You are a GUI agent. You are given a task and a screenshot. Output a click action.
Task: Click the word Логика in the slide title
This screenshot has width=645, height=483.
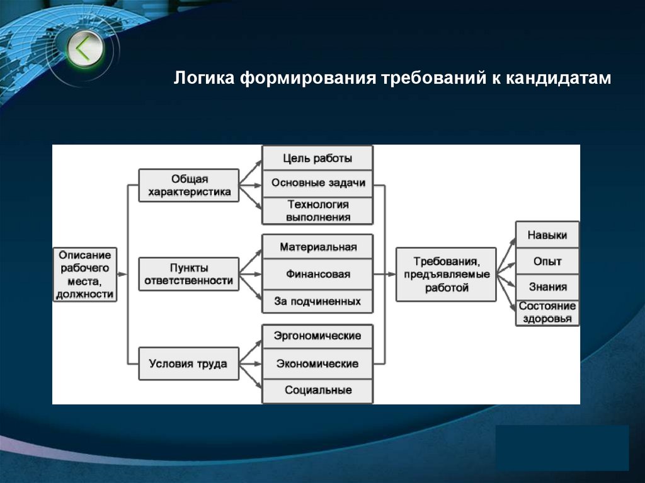pos(203,79)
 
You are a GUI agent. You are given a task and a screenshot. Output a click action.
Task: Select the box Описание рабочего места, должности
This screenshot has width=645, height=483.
pos(85,274)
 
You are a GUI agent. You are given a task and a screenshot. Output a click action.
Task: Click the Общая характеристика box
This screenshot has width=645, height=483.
pos(189,185)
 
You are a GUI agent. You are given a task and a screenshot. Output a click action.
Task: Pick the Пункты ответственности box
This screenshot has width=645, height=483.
pos(189,274)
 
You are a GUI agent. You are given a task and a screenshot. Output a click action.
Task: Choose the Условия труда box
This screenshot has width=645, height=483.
pos(189,363)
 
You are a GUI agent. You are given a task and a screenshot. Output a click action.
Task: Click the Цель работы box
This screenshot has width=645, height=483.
pos(317,158)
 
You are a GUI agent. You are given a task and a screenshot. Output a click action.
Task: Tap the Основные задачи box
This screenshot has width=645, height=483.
pos(317,183)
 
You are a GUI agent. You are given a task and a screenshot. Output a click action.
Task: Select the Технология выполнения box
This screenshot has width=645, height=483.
pos(317,211)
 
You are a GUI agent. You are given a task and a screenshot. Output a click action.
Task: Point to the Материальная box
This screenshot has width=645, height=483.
pos(317,247)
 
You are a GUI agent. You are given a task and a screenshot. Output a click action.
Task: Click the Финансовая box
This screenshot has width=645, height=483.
pos(317,274)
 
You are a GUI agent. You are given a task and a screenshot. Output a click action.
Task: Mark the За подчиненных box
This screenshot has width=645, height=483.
pos(317,301)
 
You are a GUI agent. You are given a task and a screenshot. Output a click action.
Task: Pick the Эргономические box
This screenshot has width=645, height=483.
pos(317,336)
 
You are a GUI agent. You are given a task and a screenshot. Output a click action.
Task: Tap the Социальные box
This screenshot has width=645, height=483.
pos(317,390)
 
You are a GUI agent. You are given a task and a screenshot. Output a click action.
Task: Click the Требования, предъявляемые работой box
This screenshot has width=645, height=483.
pos(446,274)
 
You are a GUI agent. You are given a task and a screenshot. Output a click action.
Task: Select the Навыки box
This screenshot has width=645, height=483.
pos(547,235)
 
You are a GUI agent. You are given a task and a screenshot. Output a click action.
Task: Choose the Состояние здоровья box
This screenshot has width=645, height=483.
pos(547,312)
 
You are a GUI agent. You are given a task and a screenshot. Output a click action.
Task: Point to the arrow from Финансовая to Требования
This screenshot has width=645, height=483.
pos(384,274)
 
